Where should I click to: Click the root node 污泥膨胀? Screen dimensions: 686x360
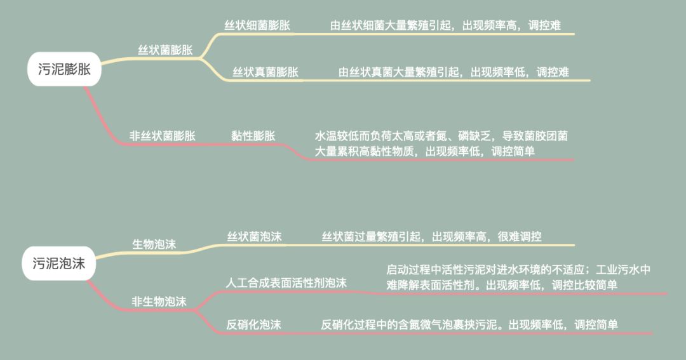tap(64, 70)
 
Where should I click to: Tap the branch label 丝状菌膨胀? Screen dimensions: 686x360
tap(165, 50)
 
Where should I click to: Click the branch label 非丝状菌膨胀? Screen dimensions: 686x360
tap(163, 135)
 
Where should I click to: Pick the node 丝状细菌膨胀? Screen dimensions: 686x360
tap(257, 25)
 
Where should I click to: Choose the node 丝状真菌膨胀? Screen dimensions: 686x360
tap(266, 72)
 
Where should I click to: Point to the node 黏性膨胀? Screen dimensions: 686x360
tap(253, 135)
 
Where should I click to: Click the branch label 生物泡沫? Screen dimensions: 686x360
tap(154, 244)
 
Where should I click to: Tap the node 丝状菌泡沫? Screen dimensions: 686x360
tap(255, 237)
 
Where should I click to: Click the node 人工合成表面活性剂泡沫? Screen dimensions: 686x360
tap(286, 283)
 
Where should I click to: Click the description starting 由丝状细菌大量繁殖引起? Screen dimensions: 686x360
tap(445, 25)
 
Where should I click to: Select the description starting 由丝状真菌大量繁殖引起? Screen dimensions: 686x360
tap(454, 72)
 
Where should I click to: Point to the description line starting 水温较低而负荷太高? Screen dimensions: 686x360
tap(441, 136)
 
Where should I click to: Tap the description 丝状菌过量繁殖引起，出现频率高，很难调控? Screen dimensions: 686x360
tap(431, 237)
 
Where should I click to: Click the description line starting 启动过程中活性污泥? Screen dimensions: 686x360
tap(518, 269)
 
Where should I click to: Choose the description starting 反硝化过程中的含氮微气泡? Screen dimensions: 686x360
tap(469, 324)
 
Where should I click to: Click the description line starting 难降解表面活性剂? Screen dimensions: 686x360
tap(502, 285)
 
